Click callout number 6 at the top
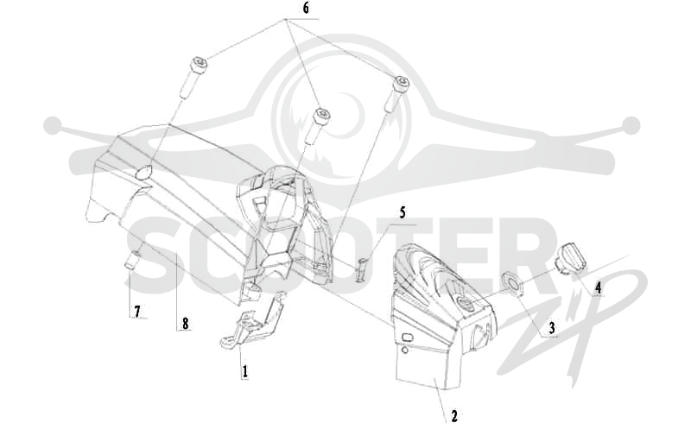click(x=306, y=9)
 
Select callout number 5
click(x=403, y=213)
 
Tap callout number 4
click(x=598, y=288)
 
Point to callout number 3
click(x=551, y=328)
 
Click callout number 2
click(x=453, y=415)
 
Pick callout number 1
click(x=244, y=371)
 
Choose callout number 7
click(x=137, y=312)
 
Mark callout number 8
click(x=185, y=324)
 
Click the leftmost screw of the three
click(x=193, y=78)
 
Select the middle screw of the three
click(x=317, y=125)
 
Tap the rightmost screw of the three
click(x=398, y=93)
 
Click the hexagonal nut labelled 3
click(x=511, y=282)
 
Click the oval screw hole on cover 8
click(x=143, y=173)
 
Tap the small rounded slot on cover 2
click(x=407, y=338)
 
